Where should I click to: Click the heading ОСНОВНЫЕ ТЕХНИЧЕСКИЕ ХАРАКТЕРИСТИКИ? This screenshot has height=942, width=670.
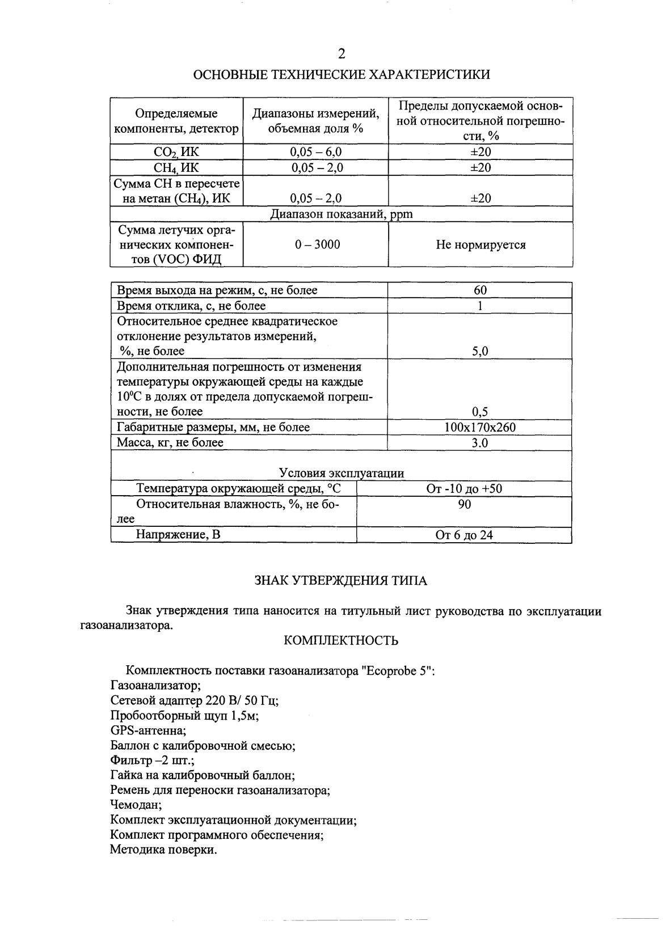pyautogui.click(x=342, y=75)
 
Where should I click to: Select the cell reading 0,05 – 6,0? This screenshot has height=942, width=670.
pyautogui.click(x=316, y=152)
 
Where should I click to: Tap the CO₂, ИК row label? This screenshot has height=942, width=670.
pyautogui.click(x=176, y=152)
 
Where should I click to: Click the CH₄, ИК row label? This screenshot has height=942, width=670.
pyautogui.click(x=176, y=168)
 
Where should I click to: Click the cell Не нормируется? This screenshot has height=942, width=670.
pyautogui.click(x=480, y=244)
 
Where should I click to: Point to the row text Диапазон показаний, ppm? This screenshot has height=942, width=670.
pyautogui.click(x=341, y=214)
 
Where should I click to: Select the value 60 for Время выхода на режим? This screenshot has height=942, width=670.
pyautogui.click(x=480, y=290)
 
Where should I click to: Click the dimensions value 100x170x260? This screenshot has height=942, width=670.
pyautogui.click(x=480, y=427)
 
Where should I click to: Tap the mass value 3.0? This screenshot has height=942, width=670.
pyautogui.click(x=480, y=443)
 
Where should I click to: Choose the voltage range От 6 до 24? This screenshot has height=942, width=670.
pyautogui.click(x=464, y=535)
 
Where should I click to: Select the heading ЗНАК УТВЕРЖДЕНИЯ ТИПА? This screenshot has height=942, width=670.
pyautogui.click(x=340, y=581)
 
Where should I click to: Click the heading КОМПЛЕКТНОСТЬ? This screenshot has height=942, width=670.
pyautogui.click(x=340, y=641)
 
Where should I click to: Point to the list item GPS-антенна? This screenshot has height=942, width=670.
pyautogui.click(x=148, y=730)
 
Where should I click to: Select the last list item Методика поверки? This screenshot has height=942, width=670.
pyautogui.click(x=163, y=850)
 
